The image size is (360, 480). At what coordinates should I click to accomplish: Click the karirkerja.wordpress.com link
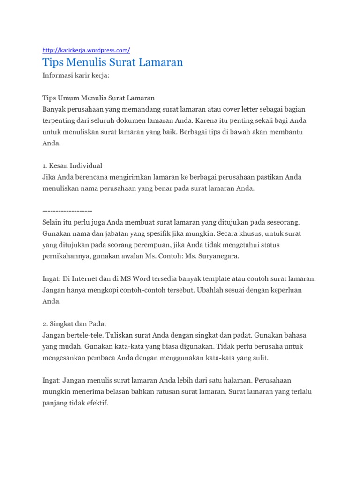86,50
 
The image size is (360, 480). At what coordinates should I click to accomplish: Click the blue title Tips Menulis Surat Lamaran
112,62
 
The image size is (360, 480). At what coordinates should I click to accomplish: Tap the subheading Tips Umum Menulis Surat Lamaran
98,98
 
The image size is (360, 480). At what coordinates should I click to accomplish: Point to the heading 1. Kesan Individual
72,165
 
